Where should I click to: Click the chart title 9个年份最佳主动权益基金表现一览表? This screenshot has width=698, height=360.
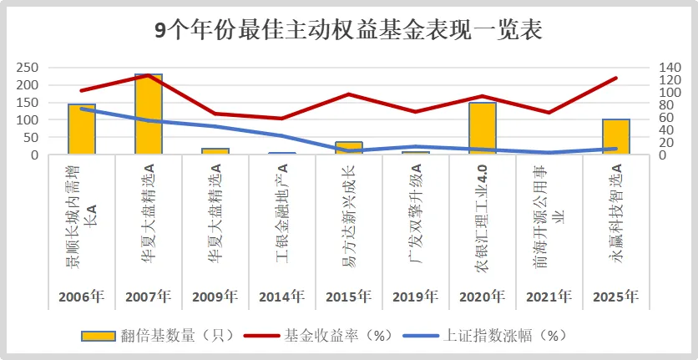pos(349,30)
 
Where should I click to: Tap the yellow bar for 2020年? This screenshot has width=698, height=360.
pos(483,129)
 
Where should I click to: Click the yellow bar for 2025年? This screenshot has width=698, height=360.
pos(616,137)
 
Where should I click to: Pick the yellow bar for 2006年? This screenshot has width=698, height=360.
pos(82,129)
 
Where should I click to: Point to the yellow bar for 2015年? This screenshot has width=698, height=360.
pos(349,149)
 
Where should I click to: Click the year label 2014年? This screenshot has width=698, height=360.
pos(281,297)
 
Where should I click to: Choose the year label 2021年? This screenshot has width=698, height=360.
pos(549,297)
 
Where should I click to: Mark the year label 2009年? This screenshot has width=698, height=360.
pos(215,297)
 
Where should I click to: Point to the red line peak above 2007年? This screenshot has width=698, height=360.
pos(149,75)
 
